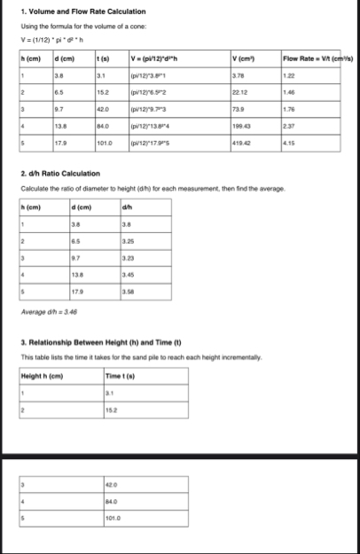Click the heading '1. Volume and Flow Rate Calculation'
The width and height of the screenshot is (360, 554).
72,11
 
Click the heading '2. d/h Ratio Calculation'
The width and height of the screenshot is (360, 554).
59,174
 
